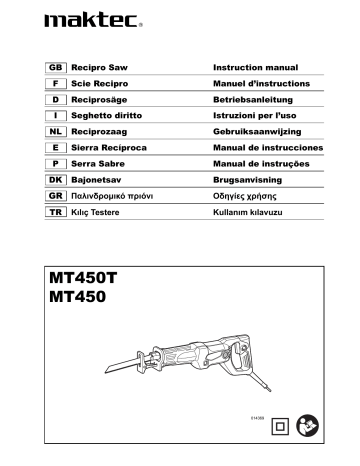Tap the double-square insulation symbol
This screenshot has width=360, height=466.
[x=280, y=425]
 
